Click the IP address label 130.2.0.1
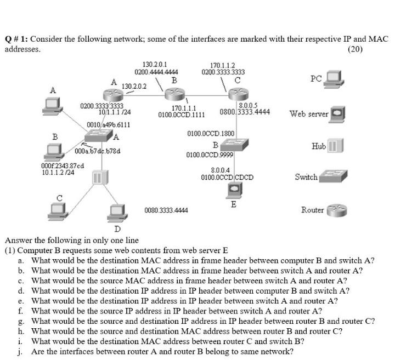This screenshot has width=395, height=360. click(x=155, y=64)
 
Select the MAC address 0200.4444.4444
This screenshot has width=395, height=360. click(x=156, y=71)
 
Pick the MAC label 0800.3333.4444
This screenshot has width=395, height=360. click(x=245, y=112)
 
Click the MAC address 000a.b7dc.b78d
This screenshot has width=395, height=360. click(x=98, y=151)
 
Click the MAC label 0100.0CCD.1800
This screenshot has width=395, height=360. click(x=211, y=133)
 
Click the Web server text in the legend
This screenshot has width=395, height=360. click(x=309, y=115)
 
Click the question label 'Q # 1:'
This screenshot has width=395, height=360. click(x=17, y=39)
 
